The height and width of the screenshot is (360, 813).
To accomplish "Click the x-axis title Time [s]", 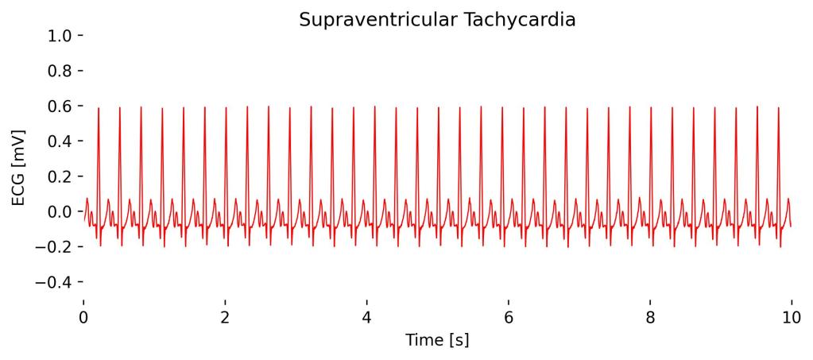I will coord(437,340).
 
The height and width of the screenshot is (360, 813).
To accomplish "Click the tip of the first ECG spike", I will coord(99,107).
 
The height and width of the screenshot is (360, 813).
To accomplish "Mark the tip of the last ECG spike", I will coord(778,106).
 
